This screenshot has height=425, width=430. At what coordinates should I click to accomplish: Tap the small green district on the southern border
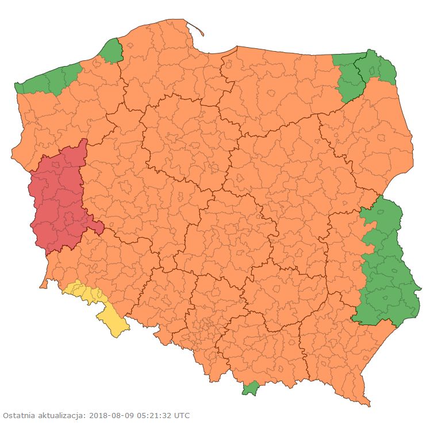[x=250, y=389]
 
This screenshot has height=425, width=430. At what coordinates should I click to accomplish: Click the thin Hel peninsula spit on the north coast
[x=196, y=29]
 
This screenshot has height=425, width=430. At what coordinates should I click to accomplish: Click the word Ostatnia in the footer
[x=18, y=415]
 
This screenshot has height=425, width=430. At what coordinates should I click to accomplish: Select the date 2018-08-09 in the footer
[x=109, y=415]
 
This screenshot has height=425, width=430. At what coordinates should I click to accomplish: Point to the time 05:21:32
[x=153, y=415]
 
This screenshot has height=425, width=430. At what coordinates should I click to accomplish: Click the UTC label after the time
[x=182, y=415]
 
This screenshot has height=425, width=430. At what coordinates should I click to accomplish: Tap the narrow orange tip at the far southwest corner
[x=43, y=285]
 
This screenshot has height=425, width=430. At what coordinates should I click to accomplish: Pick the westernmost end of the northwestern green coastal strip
[x=17, y=88]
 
